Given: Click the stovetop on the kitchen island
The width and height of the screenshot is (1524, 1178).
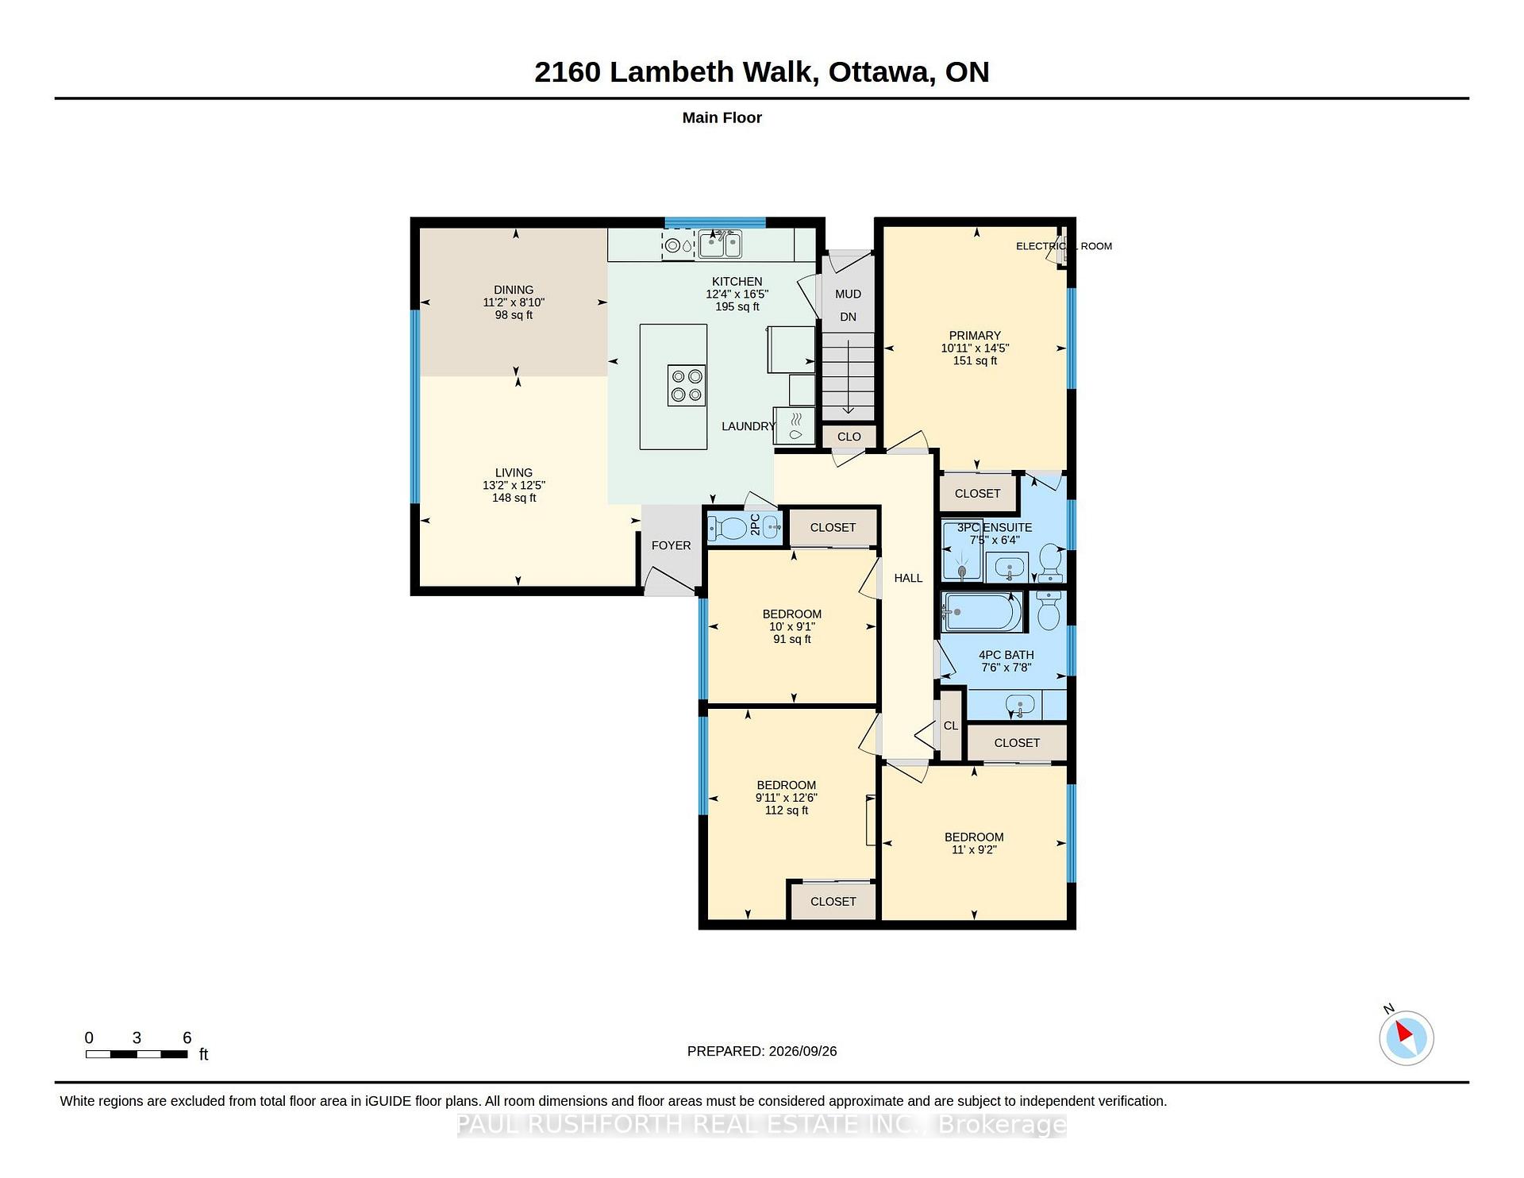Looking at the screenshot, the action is coord(687,385).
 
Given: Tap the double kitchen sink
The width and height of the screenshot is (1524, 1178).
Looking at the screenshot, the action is coord(720,244).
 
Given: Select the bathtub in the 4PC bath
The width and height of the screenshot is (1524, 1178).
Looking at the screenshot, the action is coord(981,612).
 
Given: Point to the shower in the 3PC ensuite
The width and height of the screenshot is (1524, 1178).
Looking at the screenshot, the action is coord(961,550).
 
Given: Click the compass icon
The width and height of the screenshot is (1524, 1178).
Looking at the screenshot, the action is coord(1406,1037).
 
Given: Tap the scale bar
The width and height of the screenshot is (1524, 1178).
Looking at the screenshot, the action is coord(137,1054).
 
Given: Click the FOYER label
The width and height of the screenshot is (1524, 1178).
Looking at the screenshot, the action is coord(671,545).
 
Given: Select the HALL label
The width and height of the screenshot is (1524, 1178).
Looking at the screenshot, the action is coord(908,578).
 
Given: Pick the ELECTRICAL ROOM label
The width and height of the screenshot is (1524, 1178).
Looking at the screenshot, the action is coord(1064,246).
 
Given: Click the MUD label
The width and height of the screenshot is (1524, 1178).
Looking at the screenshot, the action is coord(848,294).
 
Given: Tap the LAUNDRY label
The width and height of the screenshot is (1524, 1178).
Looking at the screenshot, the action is coord(748,426).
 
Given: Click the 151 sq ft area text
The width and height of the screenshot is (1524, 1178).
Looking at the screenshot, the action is coord(975,360).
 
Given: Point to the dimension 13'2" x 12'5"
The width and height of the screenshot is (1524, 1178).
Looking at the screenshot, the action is coord(514,485).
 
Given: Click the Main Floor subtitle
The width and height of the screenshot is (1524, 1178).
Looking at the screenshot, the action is coord(722,117).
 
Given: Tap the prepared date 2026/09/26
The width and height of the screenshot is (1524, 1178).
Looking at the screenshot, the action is coord(802,1051).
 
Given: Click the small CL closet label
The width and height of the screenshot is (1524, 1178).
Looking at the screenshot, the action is coord(951,726).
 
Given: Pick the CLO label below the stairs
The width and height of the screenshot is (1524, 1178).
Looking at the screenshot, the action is coord(849,437).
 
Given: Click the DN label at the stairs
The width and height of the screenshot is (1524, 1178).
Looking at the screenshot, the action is coord(848,317).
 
